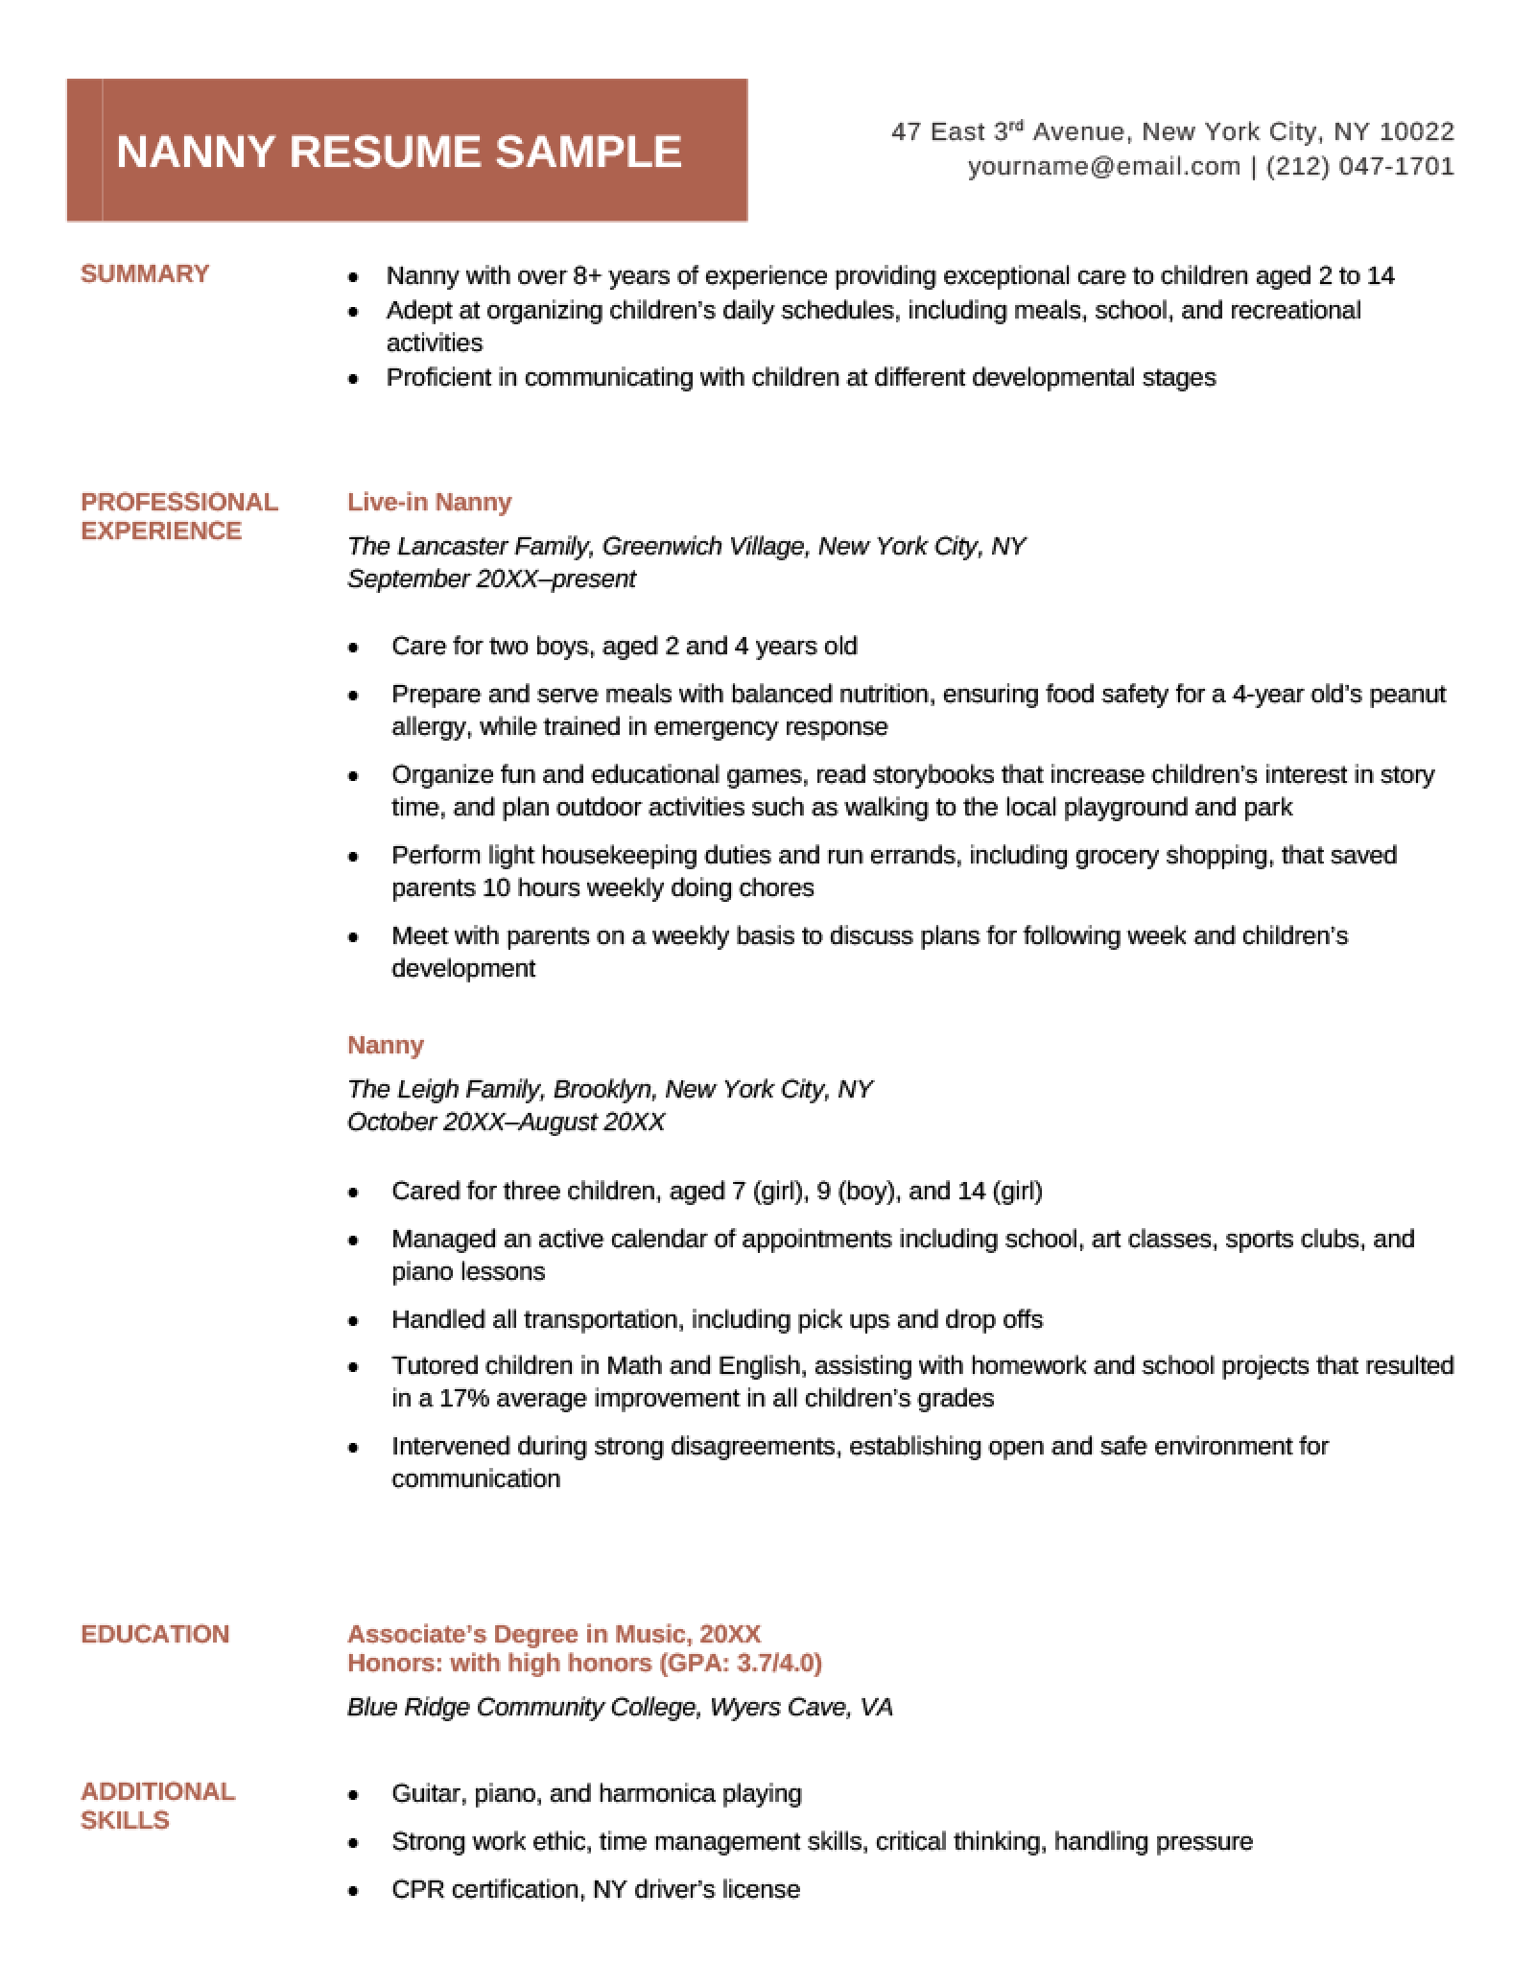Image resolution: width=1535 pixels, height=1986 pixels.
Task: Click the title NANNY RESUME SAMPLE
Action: click(399, 153)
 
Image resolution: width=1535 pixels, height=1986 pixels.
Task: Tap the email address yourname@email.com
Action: click(1103, 167)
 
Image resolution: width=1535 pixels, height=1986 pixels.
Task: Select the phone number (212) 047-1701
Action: click(1360, 167)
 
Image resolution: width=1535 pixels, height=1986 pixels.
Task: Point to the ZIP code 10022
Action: click(1417, 131)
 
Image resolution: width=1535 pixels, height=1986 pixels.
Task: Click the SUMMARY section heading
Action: click(145, 274)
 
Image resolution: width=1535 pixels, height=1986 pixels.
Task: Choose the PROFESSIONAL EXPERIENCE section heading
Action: click(179, 516)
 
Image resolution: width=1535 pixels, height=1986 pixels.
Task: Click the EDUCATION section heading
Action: click(155, 1634)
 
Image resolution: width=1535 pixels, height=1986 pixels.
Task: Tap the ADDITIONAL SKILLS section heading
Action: click(157, 1806)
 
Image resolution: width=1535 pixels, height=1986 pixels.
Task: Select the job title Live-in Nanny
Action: click(429, 502)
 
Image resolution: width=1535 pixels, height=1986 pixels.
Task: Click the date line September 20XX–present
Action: click(491, 579)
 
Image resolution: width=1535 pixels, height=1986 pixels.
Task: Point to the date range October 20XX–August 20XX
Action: click(506, 1122)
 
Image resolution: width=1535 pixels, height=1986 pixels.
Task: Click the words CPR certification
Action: click(486, 1889)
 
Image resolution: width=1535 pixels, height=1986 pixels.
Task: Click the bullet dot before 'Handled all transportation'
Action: click(354, 1321)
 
